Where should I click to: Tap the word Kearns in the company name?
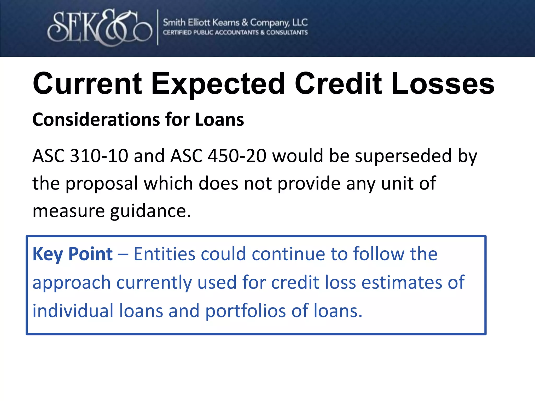(226, 23)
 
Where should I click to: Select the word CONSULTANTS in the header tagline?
(287, 33)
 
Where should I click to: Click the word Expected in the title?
(218, 84)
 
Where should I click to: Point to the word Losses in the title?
(443, 84)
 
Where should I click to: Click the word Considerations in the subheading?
(96, 120)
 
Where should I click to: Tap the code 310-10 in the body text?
(99, 156)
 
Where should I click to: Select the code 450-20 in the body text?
(237, 156)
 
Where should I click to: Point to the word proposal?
(102, 184)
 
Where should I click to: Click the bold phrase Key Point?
(73, 254)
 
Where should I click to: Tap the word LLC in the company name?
(300, 23)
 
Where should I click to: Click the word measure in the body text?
(68, 211)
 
